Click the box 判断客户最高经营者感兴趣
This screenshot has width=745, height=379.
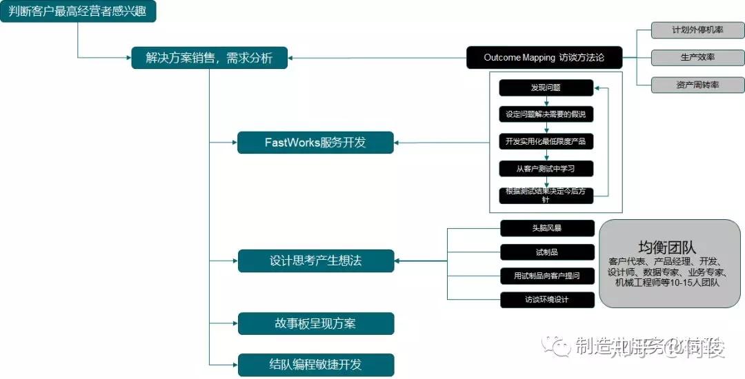(78, 12)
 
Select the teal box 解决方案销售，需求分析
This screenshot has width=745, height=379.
(209, 58)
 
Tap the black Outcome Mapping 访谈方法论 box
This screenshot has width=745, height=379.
(544, 57)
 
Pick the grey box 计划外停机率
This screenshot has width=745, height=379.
(697, 30)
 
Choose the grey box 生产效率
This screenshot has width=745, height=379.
(697, 57)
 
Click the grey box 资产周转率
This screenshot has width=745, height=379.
(697, 85)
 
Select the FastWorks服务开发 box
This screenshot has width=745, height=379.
(315, 143)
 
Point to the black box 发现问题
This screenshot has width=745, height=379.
(546, 88)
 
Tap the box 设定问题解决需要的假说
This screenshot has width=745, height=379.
(546, 114)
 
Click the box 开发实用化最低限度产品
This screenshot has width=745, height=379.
(546, 141)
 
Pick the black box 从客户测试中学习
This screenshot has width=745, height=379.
(546, 168)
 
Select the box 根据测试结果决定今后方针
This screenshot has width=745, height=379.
(546, 195)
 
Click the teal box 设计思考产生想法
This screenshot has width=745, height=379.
(315, 260)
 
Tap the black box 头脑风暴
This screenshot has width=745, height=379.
(546, 228)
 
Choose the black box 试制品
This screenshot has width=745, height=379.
(546, 252)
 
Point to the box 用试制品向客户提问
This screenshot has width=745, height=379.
(546, 276)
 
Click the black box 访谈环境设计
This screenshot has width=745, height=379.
(546, 300)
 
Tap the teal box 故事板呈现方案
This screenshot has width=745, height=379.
(315, 323)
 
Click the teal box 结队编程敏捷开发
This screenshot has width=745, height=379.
(315, 365)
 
